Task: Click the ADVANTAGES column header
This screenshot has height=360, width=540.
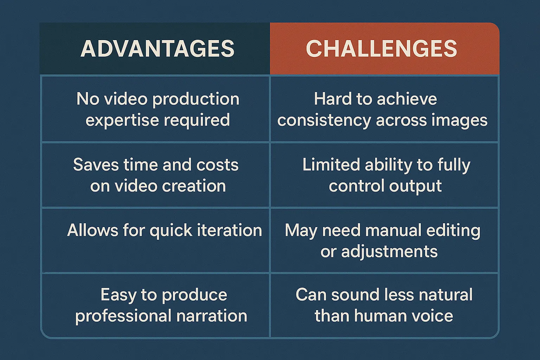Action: (x=157, y=49)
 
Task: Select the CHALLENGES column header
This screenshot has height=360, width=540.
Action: (x=381, y=49)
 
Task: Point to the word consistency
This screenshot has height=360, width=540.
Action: (x=324, y=120)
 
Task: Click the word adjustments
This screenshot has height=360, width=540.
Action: (x=389, y=252)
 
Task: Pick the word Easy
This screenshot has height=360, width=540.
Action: (x=118, y=295)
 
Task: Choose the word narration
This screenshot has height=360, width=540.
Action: (x=212, y=316)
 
